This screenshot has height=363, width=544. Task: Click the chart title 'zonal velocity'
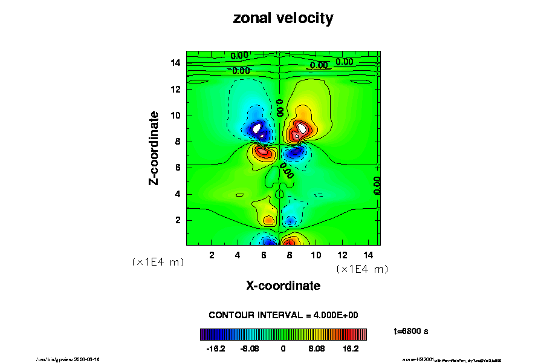click(283, 19)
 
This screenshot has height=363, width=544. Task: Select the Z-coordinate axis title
click(155, 148)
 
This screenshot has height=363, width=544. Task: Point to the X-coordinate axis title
click(283, 286)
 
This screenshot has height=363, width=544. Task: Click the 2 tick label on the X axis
click(212, 255)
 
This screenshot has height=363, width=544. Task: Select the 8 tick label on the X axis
click(290, 255)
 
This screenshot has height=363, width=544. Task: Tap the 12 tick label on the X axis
click(342, 255)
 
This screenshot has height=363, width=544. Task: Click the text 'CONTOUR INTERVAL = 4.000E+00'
click(283, 315)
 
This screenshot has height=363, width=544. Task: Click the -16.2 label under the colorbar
click(216, 349)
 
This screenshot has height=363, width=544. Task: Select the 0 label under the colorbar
click(283, 349)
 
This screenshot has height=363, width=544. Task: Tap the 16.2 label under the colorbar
click(351, 349)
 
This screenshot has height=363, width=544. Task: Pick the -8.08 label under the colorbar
click(249, 349)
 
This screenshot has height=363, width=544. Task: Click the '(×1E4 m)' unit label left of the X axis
click(158, 263)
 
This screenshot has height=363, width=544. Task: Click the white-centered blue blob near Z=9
click(258, 128)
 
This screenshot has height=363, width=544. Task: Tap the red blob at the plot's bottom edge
click(294, 241)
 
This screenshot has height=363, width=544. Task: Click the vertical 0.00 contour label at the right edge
click(377, 185)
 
